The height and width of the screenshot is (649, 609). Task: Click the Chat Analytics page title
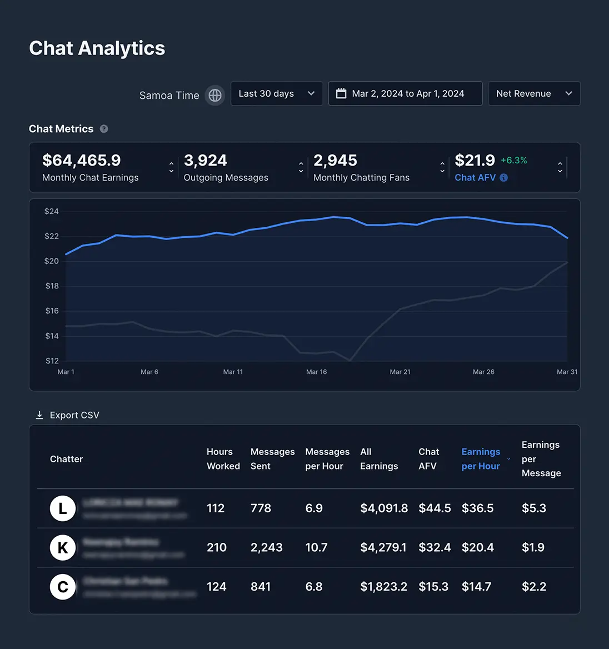point(97,48)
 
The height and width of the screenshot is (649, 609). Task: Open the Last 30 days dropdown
point(276,93)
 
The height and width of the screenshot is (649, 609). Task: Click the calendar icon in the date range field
point(341,93)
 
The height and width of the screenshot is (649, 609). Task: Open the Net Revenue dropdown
point(533,93)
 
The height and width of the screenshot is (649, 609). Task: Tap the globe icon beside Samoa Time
point(215,95)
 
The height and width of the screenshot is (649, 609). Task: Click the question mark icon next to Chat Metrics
point(104,129)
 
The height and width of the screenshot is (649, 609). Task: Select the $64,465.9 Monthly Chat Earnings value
point(82,161)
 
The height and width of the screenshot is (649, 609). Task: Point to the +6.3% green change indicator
point(513,160)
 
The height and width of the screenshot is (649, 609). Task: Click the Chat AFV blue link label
point(475,178)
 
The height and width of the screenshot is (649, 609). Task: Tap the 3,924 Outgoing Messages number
point(205,161)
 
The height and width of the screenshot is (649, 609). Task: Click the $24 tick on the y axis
point(52,211)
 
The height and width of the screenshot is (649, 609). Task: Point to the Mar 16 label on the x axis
point(316,372)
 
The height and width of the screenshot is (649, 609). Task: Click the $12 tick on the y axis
point(52,361)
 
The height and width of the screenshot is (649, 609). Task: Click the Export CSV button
point(67,415)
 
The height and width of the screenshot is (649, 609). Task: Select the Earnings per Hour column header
point(481,459)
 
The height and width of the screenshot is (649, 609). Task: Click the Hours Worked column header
point(223,459)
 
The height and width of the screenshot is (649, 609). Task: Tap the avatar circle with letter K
point(63,548)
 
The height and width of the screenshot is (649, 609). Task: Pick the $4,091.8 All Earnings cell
point(384,508)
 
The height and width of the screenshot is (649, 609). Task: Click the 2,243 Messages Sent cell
point(266,548)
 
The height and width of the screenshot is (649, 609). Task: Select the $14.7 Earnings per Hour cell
point(476,587)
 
